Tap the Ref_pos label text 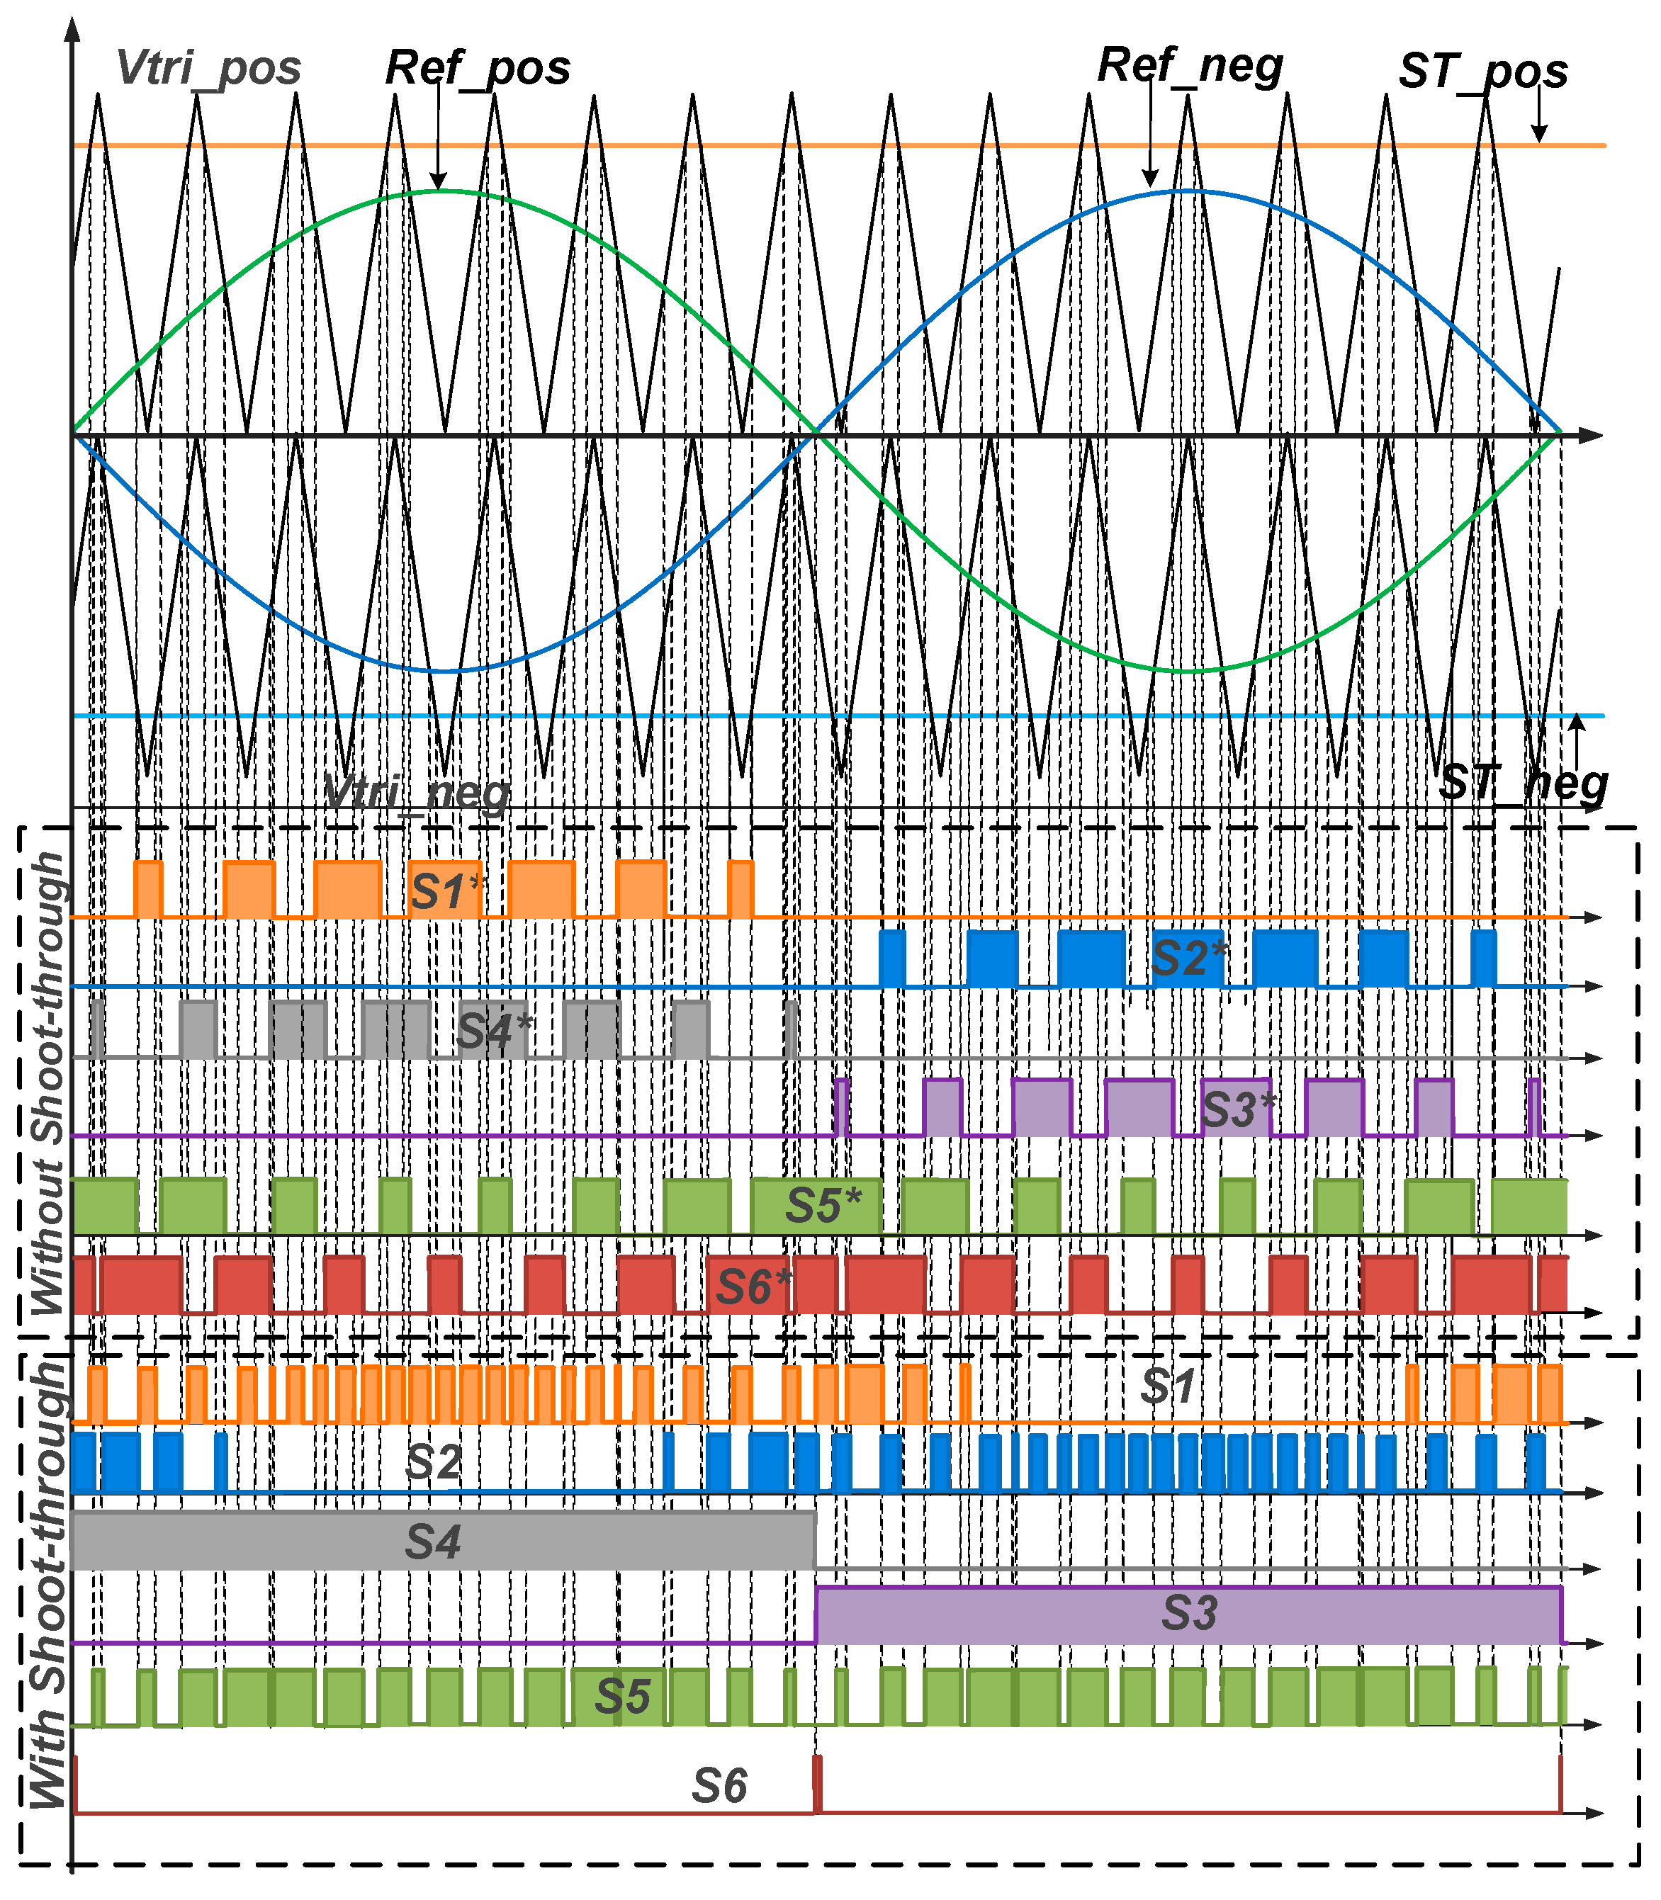(478, 69)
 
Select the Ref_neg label (1190, 67)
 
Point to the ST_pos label (1483, 72)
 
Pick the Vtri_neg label (417, 793)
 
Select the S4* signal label (495, 1031)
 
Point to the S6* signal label (753, 1287)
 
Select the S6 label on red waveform (719, 1786)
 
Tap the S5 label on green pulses (622, 1696)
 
